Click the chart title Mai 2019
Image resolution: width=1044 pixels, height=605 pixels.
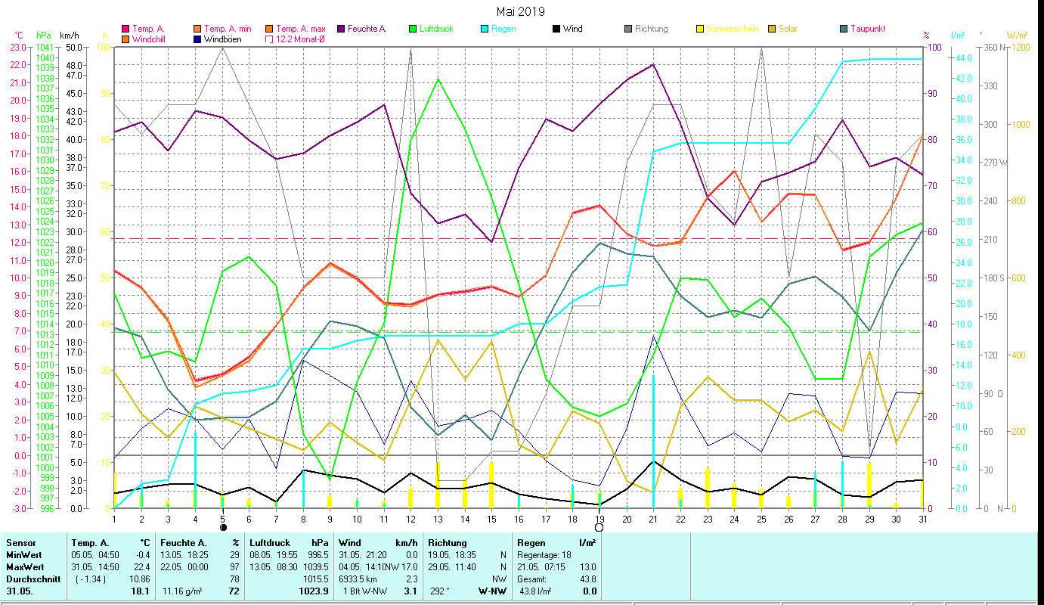click(x=520, y=11)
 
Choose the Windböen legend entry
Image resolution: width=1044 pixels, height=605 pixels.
click(x=222, y=39)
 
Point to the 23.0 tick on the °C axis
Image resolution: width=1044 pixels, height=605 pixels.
click(x=17, y=47)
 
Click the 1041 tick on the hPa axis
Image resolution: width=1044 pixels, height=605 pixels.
click(x=45, y=47)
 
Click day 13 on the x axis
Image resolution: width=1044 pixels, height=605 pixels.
click(x=438, y=518)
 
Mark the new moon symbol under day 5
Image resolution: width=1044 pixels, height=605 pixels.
click(x=223, y=527)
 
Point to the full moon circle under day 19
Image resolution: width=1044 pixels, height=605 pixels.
click(x=599, y=527)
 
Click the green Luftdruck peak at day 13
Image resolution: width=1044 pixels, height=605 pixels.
click(x=438, y=79)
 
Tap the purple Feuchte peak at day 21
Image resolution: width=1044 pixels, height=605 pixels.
click(x=653, y=64)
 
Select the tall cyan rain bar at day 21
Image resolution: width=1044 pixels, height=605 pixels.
click(x=654, y=439)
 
